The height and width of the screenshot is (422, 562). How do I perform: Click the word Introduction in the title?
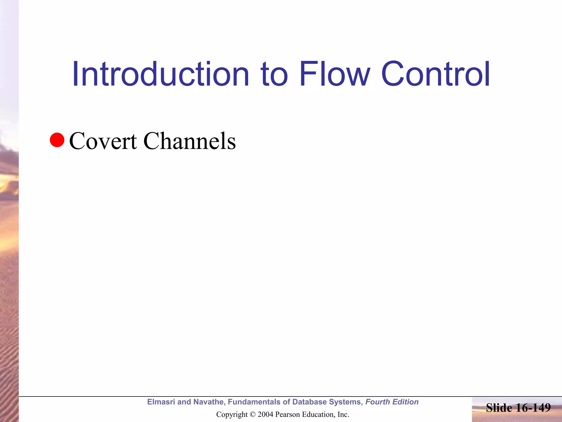pyautogui.click(x=161, y=74)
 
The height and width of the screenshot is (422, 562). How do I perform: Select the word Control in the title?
pyautogui.click(x=435, y=74)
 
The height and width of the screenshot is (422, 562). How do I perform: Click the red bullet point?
pyautogui.click(x=57, y=140)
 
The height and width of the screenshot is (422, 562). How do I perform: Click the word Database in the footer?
pyautogui.click(x=309, y=402)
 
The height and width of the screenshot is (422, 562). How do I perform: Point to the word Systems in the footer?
pyautogui.click(x=346, y=402)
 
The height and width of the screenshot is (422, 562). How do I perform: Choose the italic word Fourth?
pyautogui.click(x=377, y=402)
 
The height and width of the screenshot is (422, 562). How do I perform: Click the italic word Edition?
pyautogui.click(x=405, y=402)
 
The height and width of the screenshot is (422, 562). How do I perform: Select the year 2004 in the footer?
pyautogui.click(x=265, y=414)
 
